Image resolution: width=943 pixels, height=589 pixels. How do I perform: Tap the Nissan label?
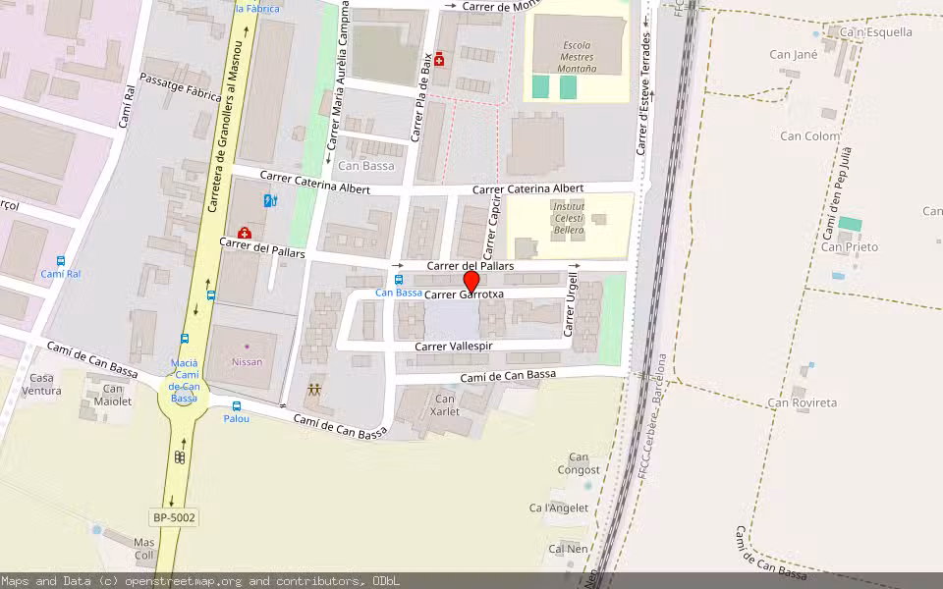[247, 361]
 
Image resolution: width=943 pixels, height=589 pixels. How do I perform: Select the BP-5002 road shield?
[175, 516]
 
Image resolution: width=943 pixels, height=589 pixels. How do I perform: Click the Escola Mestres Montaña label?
[578, 56]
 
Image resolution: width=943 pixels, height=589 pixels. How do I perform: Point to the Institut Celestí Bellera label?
[568, 218]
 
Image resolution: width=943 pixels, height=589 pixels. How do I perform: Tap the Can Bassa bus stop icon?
[398, 279]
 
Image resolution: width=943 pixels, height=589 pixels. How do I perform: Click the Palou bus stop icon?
[236, 406]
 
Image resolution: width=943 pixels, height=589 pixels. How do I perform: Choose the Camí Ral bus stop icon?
[61, 261]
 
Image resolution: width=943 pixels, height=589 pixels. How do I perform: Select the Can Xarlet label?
[445, 404]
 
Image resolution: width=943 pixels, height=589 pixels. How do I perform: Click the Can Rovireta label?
[803, 402]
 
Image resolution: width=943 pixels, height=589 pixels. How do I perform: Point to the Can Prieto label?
[850, 247]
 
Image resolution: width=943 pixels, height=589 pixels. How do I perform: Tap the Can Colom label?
[810, 136]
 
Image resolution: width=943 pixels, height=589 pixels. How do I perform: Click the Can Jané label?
[793, 55]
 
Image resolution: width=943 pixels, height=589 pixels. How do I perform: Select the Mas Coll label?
[144, 549]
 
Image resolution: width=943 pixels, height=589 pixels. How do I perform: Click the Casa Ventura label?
[43, 384]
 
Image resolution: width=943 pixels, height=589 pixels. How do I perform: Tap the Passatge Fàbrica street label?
[180, 87]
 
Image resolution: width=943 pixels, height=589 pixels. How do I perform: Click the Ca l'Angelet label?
[559, 508]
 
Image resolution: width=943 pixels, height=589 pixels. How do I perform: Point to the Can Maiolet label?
[112, 395]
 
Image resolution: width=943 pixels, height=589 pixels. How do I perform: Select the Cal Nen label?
[569, 549]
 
